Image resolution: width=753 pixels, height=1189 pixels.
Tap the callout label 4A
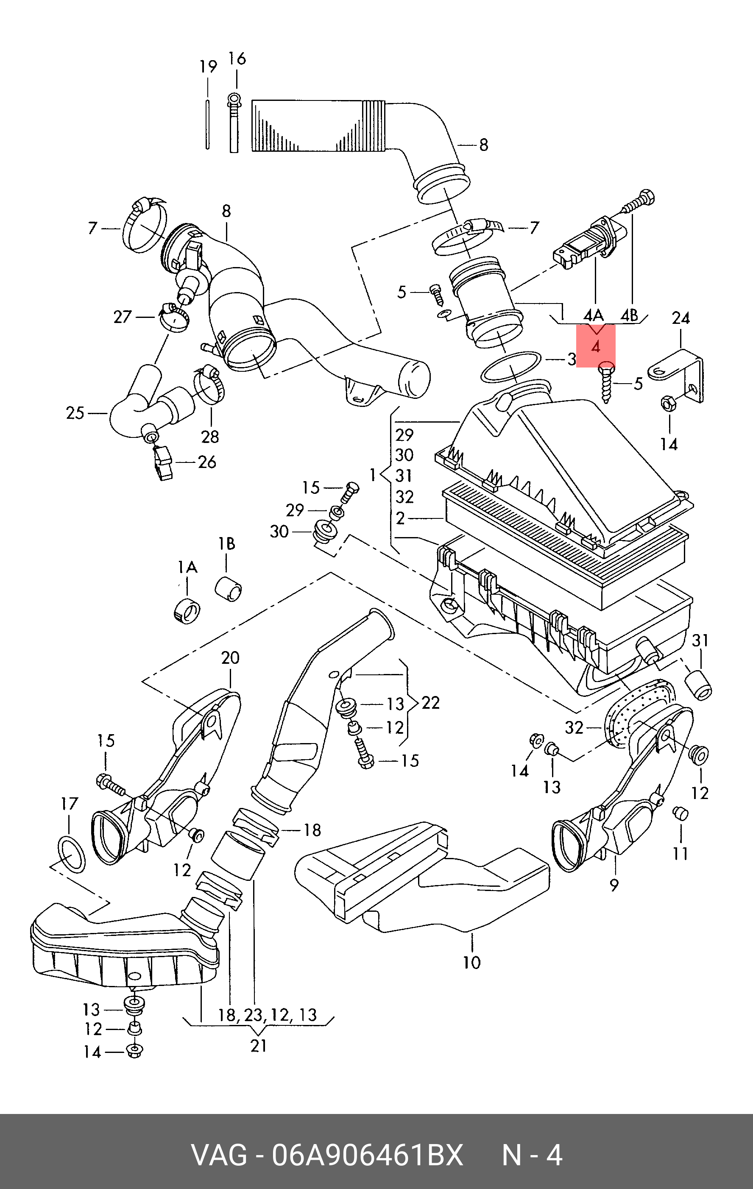(x=594, y=315)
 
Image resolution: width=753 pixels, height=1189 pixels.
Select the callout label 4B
(x=629, y=315)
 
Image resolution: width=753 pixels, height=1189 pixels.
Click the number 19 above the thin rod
(x=208, y=66)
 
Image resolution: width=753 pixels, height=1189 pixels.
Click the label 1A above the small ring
(x=188, y=567)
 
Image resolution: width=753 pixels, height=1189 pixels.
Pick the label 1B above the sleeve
(x=227, y=544)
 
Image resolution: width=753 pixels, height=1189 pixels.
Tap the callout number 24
(x=680, y=318)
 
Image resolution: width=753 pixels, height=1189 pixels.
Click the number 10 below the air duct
(x=471, y=962)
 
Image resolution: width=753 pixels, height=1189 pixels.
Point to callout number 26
(x=207, y=462)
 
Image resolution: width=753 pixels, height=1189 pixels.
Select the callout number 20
(x=230, y=658)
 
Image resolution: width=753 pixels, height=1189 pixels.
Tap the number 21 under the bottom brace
(x=258, y=1045)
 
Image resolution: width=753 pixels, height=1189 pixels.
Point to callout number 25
(x=75, y=413)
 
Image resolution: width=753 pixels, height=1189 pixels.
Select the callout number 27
(x=123, y=317)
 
